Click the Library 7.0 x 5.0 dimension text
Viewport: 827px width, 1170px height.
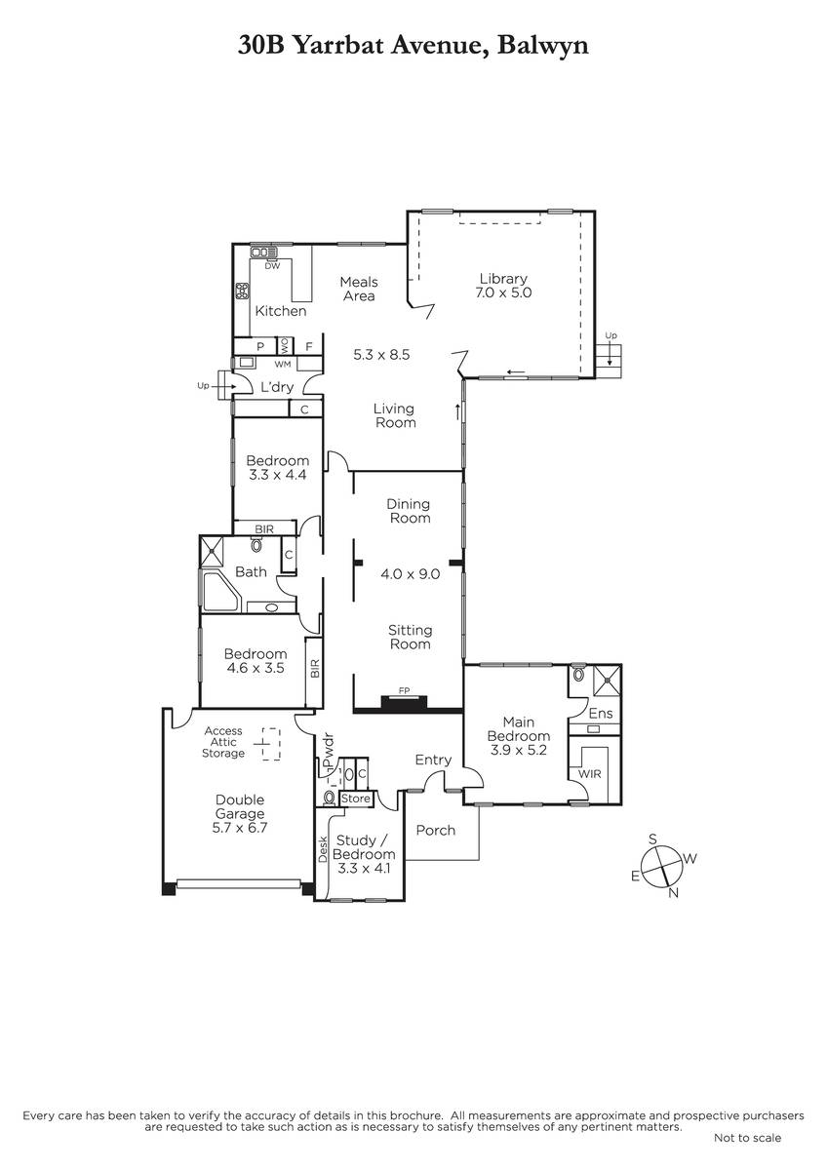coord(503,292)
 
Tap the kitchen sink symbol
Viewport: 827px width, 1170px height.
coord(264,253)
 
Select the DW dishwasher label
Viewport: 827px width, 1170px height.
coord(272,266)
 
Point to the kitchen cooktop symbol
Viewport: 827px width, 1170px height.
coord(242,291)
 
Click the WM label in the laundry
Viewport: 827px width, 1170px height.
coord(283,364)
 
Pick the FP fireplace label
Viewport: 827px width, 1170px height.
coord(404,691)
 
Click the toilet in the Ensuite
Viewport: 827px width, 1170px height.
coord(577,674)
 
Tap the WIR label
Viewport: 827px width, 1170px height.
coord(589,774)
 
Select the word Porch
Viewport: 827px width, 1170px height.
coord(436,831)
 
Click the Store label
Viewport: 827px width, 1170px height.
coord(356,799)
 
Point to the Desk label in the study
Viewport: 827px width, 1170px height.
coord(323,849)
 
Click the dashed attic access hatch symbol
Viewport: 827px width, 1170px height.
coord(270,744)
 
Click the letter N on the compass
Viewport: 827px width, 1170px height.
coord(674,893)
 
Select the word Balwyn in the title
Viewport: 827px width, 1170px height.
coord(543,46)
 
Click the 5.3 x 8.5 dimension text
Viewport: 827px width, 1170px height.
coord(381,355)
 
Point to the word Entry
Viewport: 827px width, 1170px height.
coord(433,760)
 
